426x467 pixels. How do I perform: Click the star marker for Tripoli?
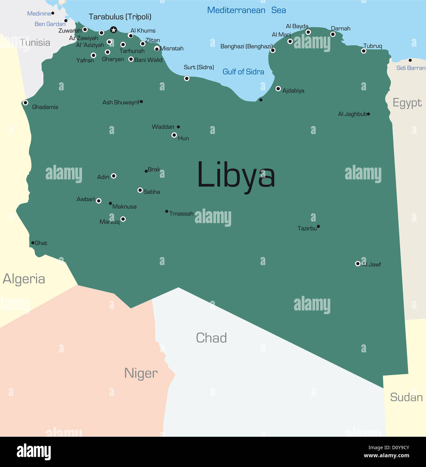(x=114, y=30)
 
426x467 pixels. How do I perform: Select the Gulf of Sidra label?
(x=243, y=72)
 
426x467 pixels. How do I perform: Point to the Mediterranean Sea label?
(x=246, y=10)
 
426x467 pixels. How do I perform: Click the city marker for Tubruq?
(x=364, y=51)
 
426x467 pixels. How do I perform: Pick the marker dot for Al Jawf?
(x=358, y=264)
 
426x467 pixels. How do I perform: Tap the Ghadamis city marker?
(x=26, y=103)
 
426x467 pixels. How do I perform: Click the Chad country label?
(x=211, y=338)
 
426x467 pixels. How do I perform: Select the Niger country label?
(x=141, y=373)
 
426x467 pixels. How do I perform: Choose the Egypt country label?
(x=407, y=103)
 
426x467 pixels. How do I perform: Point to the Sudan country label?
(x=406, y=397)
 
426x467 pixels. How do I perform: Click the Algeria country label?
(x=24, y=279)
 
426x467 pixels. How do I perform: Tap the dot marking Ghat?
(x=33, y=243)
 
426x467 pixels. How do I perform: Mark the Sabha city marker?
(x=140, y=190)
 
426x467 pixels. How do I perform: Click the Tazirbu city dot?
(x=318, y=226)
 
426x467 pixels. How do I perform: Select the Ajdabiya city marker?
(x=278, y=89)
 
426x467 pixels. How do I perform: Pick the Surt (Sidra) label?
(x=199, y=67)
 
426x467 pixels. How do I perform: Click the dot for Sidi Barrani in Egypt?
(x=410, y=60)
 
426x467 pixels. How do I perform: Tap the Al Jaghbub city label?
(x=352, y=114)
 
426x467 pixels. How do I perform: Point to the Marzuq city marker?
(x=123, y=219)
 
